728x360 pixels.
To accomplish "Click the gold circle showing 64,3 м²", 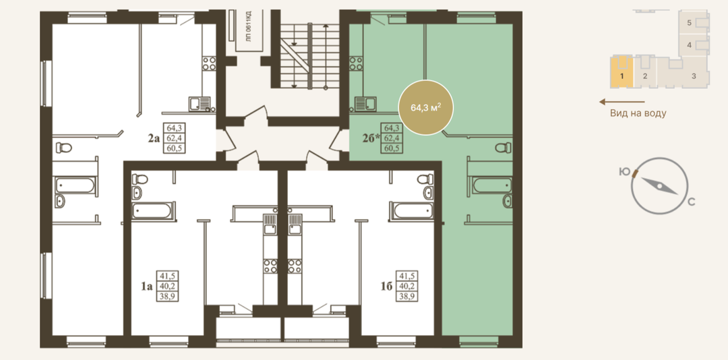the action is coord(425,107).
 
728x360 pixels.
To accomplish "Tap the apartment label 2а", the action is coord(154,138).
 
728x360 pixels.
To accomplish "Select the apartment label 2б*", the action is coord(371,138).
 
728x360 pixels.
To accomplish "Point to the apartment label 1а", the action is coord(147,286).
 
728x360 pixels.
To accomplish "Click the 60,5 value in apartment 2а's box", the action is coord(172,148).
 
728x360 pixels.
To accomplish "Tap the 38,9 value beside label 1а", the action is coord(168,297).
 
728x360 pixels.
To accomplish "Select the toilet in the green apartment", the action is coord(502,148).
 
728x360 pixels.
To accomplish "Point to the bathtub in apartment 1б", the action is coord(411,211).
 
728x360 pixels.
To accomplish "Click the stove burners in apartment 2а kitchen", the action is coord(209,63).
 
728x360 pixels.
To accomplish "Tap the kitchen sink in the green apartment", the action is coord(365,104).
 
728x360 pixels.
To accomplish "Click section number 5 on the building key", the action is coord(690,22).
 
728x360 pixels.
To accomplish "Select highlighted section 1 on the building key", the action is coord(621,76).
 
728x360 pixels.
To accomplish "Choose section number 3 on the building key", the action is coord(694,76).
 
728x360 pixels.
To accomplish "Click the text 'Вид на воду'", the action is coord(638,113).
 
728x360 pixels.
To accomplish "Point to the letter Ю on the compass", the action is coord(624,172).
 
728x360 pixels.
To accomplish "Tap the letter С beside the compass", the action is coord(692,202).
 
